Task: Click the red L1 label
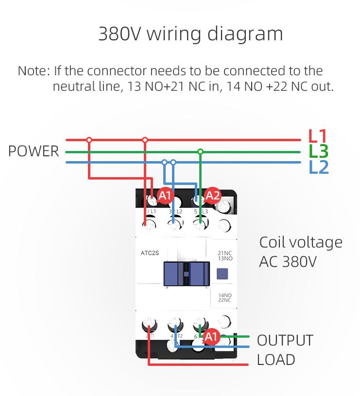(318, 137)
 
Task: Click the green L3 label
(319, 151)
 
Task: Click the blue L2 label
(319, 167)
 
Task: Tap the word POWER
(34, 151)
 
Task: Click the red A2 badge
(213, 196)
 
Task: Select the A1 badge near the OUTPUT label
(211, 336)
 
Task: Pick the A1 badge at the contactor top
(165, 196)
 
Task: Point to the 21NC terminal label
(224, 253)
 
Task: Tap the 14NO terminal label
(224, 295)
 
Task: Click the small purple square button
(221, 274)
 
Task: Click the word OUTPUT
(285, 340)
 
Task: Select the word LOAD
(275, 360)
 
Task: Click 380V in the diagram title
(120, 34)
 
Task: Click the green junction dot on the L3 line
(200, 152)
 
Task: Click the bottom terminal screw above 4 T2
(174, 324)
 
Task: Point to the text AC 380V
(288, 262)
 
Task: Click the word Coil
(273, 242)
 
